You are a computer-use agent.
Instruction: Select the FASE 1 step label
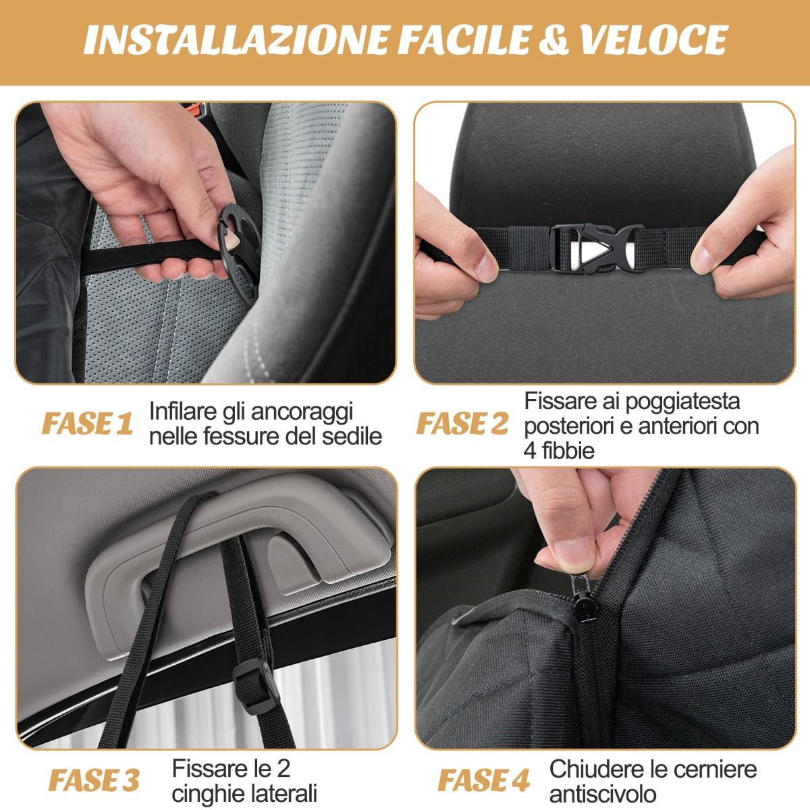[88, 425]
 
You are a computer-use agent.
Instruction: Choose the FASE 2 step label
[462, 425]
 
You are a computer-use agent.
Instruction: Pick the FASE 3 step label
[94, 780]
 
